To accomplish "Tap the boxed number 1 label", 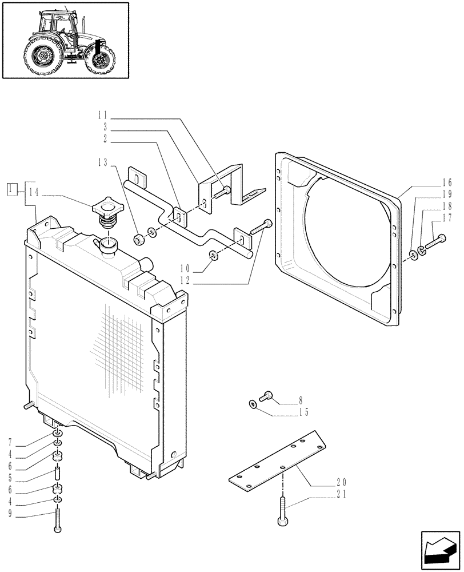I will (11, 189).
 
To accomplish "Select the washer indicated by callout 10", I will (213, 255).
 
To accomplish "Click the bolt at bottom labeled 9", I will (57, 519).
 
